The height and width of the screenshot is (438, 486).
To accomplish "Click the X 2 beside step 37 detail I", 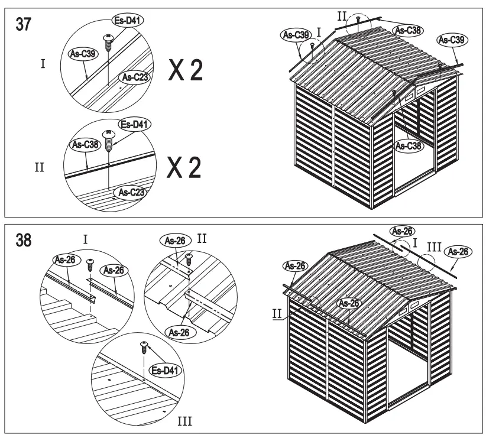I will [185, 71].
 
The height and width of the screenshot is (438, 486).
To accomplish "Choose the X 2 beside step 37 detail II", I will [185, 168].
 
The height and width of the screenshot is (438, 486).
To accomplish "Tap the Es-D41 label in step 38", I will [166, 371].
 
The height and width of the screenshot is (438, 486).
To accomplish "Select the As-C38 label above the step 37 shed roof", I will [407, 30].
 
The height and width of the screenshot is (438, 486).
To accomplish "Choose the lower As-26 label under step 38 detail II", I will [179, 332].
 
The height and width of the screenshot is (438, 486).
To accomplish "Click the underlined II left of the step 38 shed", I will [277, 314].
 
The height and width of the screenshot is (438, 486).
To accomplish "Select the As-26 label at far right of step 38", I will [459, 252].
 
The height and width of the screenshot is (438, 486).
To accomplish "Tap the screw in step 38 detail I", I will [90, 263].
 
